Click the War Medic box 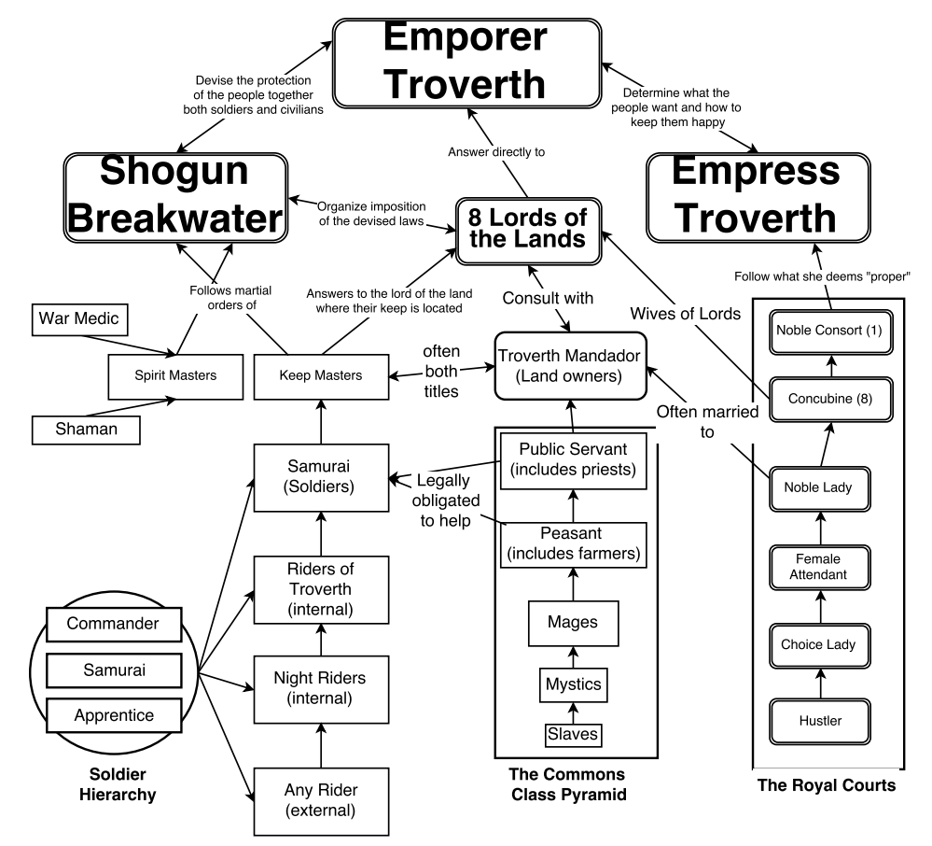pyautogui.click(x=79, y=318)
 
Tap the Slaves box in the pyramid pyautogui.click(x=573, y=735)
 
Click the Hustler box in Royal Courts pyautogui.click(x=819, y=721)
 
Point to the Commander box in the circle pyautogui.click(x=118, y=623)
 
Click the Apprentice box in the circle pyautogui.click(x=118, y=715)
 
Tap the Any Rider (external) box pyautogui.click(x=320, y=800)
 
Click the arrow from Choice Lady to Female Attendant pyautogui.click(x=819, y=605)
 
